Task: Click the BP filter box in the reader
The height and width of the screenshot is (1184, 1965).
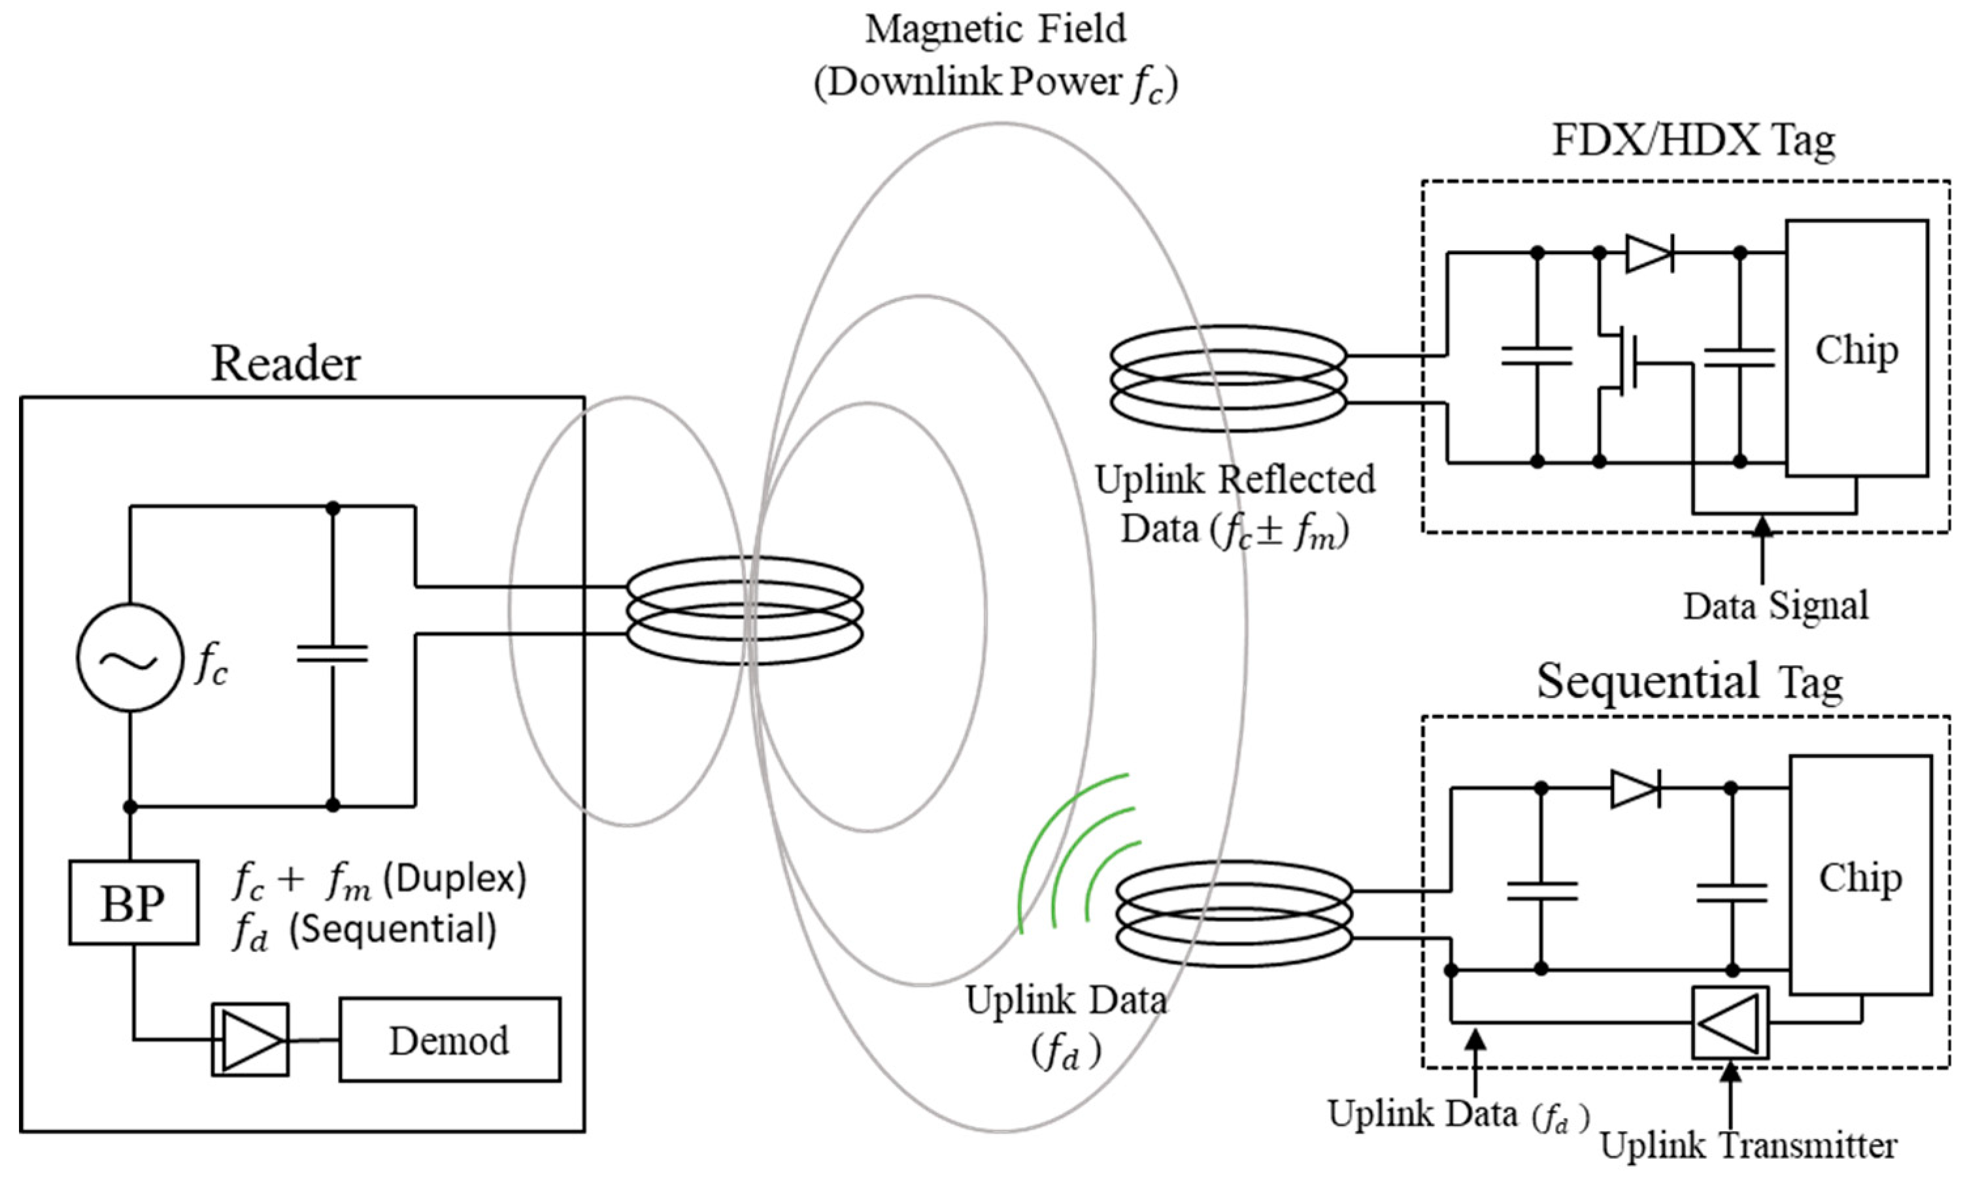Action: coord(133,902)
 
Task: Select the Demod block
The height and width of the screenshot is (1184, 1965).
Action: coord(450,1040)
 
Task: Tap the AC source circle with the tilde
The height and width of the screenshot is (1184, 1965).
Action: coord(130,658)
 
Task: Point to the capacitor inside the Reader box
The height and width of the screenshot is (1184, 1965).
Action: coord(333,655)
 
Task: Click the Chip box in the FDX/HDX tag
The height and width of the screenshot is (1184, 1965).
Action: coord(1856,348)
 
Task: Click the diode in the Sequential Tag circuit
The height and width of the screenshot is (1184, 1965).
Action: coord(1635,789)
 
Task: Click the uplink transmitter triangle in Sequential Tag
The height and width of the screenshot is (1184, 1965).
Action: coord(1730,1022)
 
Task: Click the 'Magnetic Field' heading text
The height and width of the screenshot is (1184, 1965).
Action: coord(996,30)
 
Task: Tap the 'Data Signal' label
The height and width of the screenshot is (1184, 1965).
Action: coord(1775,606)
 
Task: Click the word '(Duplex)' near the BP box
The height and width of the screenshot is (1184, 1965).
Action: coord(454,880)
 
